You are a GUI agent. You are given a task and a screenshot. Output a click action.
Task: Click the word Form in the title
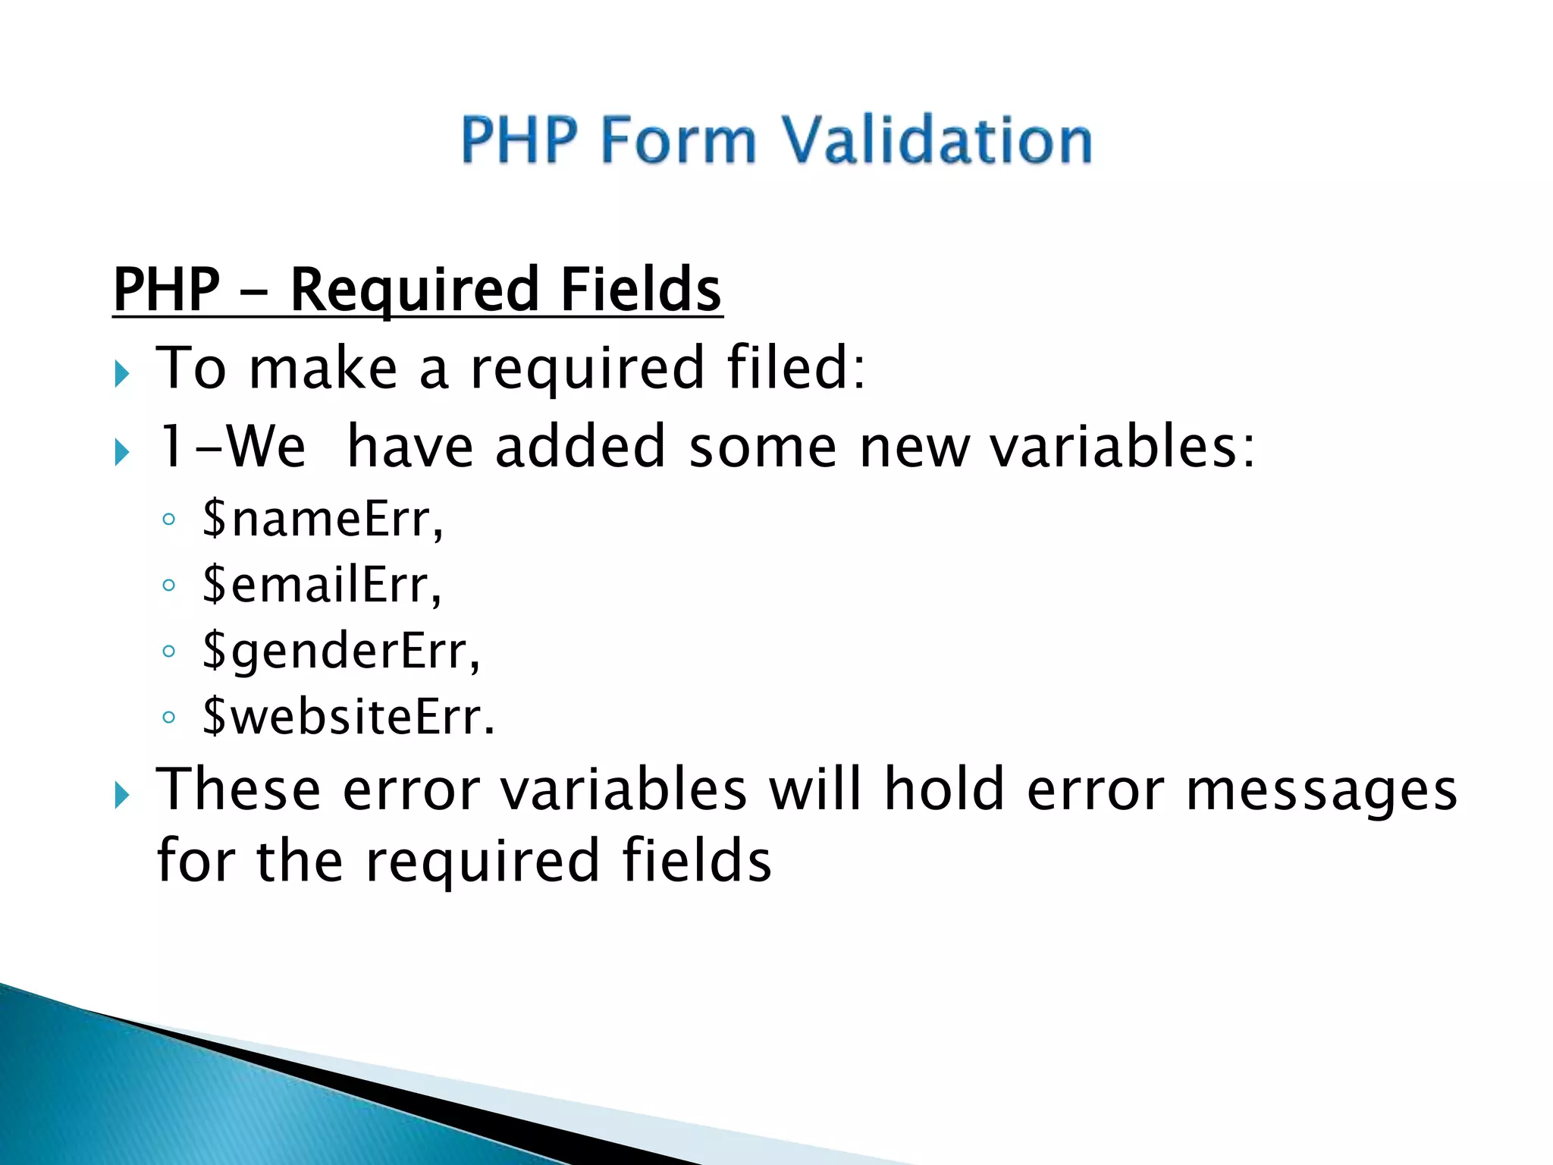(679, 140)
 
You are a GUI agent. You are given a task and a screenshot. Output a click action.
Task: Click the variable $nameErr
(322, 519)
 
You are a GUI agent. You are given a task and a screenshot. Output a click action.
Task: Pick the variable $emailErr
(321, 585)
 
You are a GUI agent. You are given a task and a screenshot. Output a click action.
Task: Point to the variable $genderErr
(340, 652)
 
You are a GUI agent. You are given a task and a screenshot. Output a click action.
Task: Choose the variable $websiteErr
(347, 717)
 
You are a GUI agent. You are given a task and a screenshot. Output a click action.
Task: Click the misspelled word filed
(795, 368)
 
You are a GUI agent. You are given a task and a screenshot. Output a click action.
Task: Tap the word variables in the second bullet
(1122, 447)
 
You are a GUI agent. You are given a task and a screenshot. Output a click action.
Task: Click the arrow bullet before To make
(122, 374)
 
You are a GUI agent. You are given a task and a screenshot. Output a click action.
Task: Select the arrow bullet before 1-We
(122, 453)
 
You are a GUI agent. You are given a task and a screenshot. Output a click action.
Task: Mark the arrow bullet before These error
(122, 796)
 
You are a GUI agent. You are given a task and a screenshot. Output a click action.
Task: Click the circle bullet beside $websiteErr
(169, 717)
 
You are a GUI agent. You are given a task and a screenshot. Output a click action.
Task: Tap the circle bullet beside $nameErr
(169, 520)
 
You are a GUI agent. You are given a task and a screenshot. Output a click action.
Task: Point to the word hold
(944, 789)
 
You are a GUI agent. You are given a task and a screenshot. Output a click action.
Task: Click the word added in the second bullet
(580, 447)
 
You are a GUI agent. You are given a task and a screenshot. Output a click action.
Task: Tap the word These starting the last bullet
(238, 789)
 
